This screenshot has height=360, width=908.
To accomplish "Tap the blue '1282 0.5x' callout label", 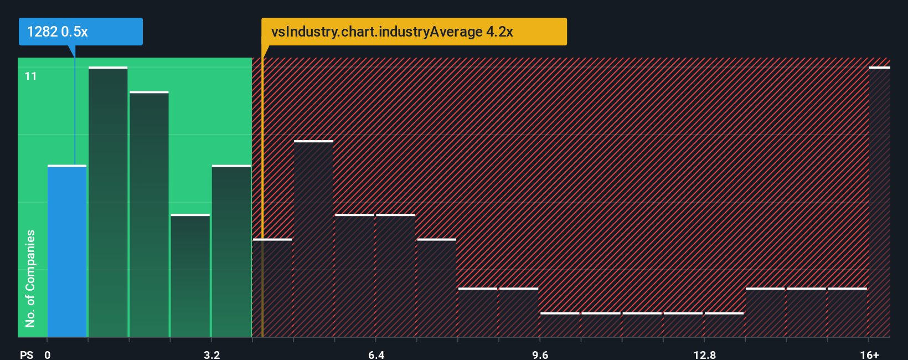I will pyautogui.click(x=80, y=32).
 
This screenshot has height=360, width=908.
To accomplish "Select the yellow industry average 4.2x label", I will pyautogui.click(x=414, y=32).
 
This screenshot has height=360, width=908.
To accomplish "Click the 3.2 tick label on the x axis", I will pyautogui.click(x=211, y=354).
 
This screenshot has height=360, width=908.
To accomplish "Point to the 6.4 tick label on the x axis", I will pyautogui.click(x=376, y=354).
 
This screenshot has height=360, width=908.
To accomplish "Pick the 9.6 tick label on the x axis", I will pyautogui.click(x=540, y=354).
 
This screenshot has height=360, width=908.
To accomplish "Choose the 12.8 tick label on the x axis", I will pyautogui.click(x=704, y=354).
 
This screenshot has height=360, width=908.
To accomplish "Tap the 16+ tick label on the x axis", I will pyautogui.click(x=869, y=354).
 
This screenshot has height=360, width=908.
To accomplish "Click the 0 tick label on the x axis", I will pyautogui.click(x=48, y=354).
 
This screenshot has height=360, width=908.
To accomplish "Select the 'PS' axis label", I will pyautogui.click(x=27, y=354).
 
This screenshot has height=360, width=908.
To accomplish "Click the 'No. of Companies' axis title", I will pyautogui.click(x=30, y=278).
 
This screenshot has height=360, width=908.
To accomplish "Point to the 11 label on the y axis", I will pyautogui.click(x=31, y=76).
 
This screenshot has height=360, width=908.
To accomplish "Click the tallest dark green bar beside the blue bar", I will pyautogui.click(x=108, y=202).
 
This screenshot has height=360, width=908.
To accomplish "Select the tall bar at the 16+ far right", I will pyautogui.click(x=879, y=202).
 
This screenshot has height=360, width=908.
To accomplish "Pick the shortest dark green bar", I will pyautogui.click(x=190, y=276).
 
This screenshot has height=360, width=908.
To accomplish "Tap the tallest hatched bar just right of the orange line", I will pyautogui.click(x=313, y=239).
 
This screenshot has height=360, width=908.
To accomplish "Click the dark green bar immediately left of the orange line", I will pyautogui.click(x=231, y=251).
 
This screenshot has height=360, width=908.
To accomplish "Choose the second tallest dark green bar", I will pyautogui.click(x=149, y=214).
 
